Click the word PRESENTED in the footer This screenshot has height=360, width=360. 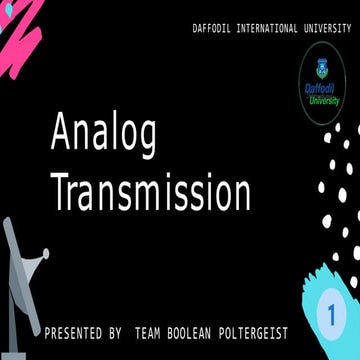74,331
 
